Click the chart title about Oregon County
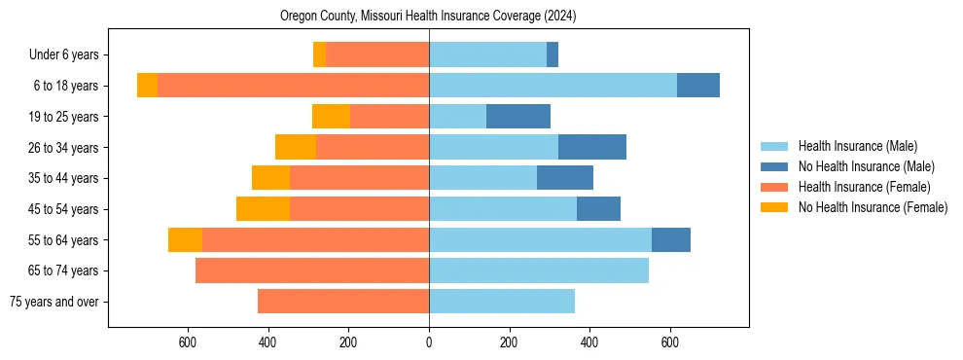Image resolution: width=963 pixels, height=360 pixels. pos(429,17)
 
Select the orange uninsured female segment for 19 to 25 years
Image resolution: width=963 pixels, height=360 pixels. pos(331,117)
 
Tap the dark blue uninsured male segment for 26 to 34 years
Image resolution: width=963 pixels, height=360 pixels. pos(591,147)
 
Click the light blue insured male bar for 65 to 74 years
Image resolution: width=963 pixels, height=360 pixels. pos(539,270)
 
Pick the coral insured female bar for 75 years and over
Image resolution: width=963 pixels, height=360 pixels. pos(343,302)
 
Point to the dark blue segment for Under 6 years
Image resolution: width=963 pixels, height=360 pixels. pos(553,54)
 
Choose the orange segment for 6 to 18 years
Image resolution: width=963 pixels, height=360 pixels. pos(147,86)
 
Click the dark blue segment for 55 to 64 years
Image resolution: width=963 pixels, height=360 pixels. pos(671,239)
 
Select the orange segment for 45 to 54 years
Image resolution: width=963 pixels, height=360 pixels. pos(263,209)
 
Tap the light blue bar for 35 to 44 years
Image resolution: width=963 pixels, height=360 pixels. pos(482,178)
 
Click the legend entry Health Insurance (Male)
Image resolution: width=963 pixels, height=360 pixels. pos(857,146)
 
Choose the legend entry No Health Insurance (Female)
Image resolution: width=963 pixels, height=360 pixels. pos(873,207)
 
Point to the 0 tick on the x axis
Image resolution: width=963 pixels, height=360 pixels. pos(429,342)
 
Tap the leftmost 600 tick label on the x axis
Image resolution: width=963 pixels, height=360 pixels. pos(188,342)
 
